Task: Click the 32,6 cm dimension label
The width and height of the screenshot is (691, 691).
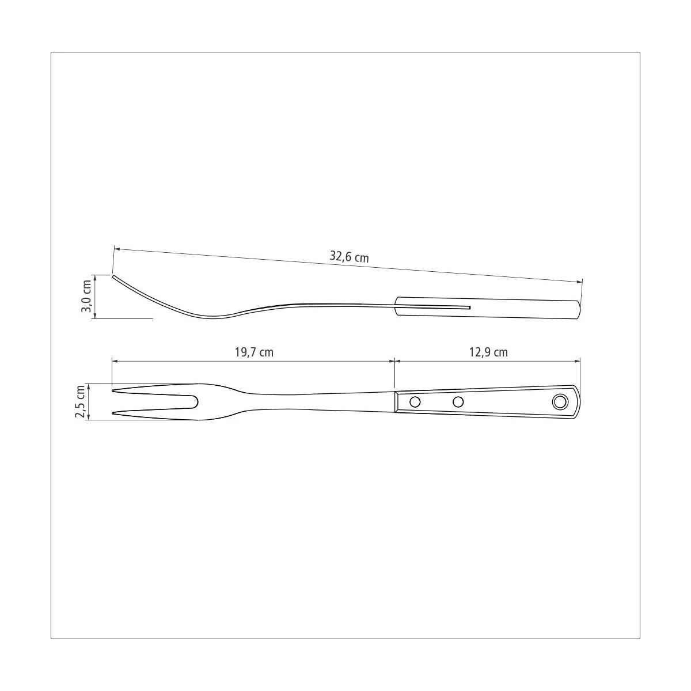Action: tap(349, 257)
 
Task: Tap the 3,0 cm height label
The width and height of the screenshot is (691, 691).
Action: tap(86, 297)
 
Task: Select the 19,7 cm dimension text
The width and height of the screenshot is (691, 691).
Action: tap(254, 352)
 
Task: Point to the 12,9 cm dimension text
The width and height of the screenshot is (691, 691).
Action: tap(488, 352)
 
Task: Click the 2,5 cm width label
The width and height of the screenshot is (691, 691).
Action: tap(80, 401)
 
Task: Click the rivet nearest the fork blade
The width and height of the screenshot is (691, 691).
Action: tap(415, 402)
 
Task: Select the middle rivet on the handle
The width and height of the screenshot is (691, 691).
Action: tap(458, 402)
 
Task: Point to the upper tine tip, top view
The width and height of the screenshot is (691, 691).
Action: tap(113, 390)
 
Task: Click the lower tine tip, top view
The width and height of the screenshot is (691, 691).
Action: tap(113, 413)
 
